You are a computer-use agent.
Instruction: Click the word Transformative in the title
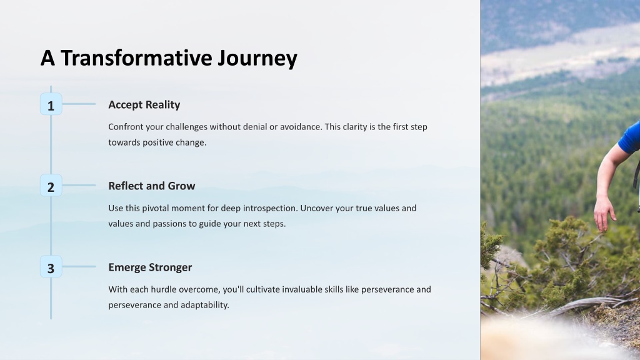pos(136,57)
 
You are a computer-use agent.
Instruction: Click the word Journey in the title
pos(257,59)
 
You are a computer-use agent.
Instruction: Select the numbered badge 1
pos(51,104)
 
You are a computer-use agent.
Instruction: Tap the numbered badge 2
pos(51,185)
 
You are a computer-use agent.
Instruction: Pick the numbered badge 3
pos(51,266)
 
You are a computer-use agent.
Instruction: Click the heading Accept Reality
pos(144,105)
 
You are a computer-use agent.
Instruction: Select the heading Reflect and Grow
pos(151,186)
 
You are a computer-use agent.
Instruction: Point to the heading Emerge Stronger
pos(150,267)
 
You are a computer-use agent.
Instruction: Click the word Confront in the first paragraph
pos(126,126)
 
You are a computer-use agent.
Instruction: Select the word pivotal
pos(155,208)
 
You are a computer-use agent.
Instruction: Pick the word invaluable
pos(302,289)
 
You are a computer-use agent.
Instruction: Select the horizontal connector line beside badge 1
pos(79,104)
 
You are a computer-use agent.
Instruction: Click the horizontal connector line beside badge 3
pos(79,266)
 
